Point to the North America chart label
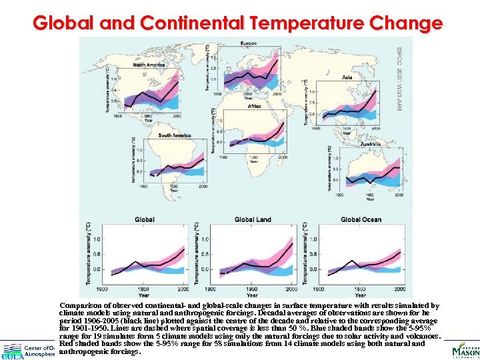[149, 65]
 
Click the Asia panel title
[347, 77]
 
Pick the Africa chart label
[255, 106]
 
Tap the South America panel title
[174, 135]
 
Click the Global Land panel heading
[253, 219]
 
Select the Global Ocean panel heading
[361, 219]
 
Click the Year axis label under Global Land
[252, 295]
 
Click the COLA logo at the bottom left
[11, 354]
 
